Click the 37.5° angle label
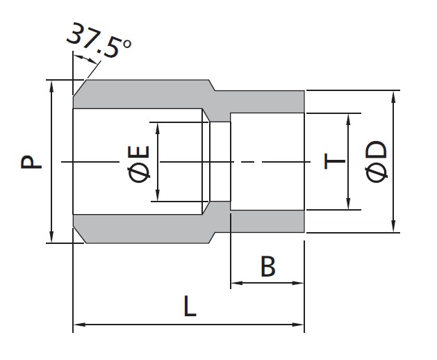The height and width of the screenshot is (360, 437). (x=99, y=40)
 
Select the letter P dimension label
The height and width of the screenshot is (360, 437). (x=31, y=162)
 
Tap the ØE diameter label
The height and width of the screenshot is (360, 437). (x=138, y=164)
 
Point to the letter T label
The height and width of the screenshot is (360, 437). (x=335, y=161)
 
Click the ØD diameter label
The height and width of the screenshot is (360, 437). (x=377, y=162)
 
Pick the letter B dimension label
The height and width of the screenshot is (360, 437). (x=268, y=267)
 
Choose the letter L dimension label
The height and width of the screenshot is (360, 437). (x=190, y=306)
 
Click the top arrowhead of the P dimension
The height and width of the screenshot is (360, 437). (x=51, y=86)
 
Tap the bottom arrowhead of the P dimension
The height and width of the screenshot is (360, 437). (x=51, y=237)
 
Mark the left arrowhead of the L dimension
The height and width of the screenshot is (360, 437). (x=79, y=325)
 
